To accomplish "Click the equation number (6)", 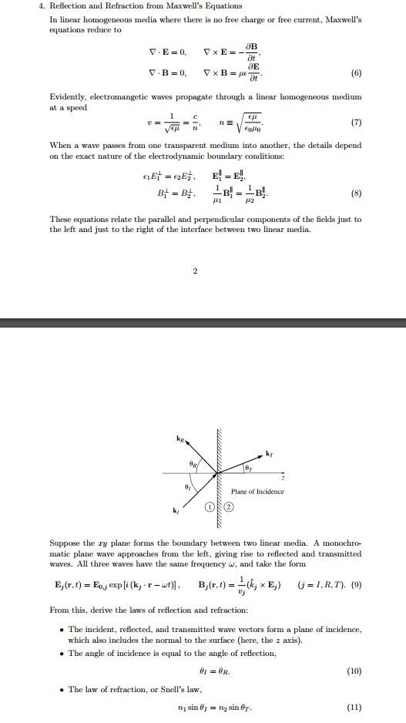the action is pos(356,76).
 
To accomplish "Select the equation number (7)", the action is pos(356,123).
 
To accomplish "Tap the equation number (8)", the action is pos(356,193).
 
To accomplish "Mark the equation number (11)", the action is pos(353,708).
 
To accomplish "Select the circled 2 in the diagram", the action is pos(229,506).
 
